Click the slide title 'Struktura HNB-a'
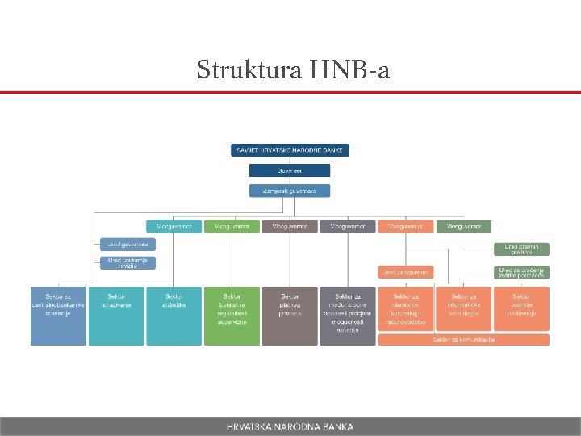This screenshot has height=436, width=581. coord(293,69)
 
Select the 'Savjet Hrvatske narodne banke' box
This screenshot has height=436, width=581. coord(289,150)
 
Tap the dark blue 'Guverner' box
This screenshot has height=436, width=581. coord(289,170)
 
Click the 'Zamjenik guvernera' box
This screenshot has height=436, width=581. coord(289,191)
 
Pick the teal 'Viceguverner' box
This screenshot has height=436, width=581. coord(173,227)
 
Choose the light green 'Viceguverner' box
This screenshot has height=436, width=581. coord(232,227)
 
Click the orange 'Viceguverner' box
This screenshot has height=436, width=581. coord(406,227)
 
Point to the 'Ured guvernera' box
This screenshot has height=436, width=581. coord(127,244)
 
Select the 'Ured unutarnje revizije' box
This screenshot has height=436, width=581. coord(127,262)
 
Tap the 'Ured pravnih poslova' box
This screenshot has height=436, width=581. coord(521,249)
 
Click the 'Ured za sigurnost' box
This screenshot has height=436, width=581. coord(405,273)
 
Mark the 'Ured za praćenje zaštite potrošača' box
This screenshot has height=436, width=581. coord(521,273)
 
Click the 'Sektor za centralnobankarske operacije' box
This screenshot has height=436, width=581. coord(58,316)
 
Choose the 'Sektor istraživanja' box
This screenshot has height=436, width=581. coord(116,316)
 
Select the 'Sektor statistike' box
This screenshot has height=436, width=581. coord(173,316)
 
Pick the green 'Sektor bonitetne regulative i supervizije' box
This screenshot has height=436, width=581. coord(232,316)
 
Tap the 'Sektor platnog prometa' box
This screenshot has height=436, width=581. coord(290,316)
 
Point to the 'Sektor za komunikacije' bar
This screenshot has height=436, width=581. coord(463,340)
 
